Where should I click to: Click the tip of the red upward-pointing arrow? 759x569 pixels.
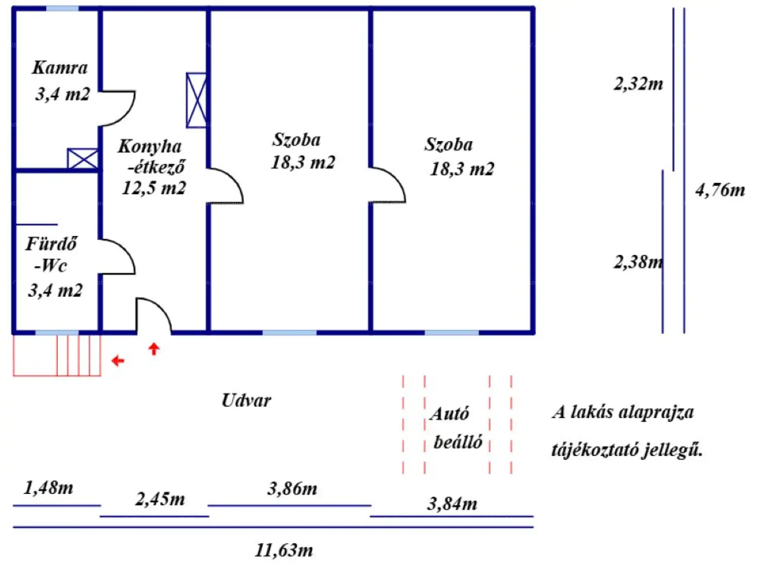click(x=154, y=343)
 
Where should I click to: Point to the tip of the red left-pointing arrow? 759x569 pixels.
click(x=112, y=360)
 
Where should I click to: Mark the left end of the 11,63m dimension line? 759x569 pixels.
click(x=13, y=527)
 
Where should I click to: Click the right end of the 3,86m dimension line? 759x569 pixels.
click(x=371, y=505)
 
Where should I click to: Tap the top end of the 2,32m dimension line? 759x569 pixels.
click(x=674, y=8)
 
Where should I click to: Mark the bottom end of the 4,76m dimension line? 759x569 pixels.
click(x=684, y=333)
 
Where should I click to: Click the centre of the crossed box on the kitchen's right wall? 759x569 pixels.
click(x=196, y=100)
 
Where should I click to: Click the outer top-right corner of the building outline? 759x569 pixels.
click(x=535, y=6)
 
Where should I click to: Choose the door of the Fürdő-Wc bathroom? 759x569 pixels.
click(x=117, y=256)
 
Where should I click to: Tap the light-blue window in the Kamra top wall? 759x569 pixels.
click(x=62, y=8)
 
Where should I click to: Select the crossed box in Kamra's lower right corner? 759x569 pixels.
click(x=83, y=159)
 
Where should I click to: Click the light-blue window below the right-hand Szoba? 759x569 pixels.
click(x=452, y=333)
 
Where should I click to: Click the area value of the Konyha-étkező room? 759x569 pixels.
click(x=154, y=188)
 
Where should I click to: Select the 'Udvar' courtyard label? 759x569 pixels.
click(x=246, y=400)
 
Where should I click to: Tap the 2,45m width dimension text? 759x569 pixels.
click(x=160, y=499)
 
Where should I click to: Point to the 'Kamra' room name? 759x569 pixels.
click(x=60, y=68)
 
